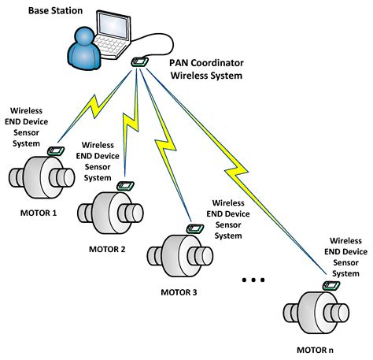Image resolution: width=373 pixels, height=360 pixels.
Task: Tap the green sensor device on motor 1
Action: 57,150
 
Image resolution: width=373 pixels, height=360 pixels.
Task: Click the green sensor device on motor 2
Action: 124,187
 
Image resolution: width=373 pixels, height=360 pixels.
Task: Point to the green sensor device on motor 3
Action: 192,228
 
